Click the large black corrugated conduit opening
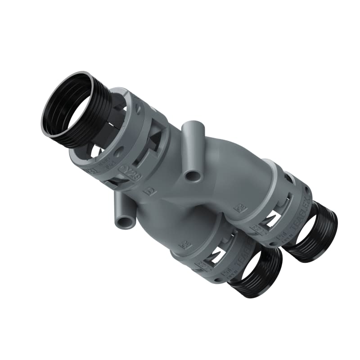[67, 106]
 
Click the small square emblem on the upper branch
[238, 207]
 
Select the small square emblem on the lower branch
[183, 245]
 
